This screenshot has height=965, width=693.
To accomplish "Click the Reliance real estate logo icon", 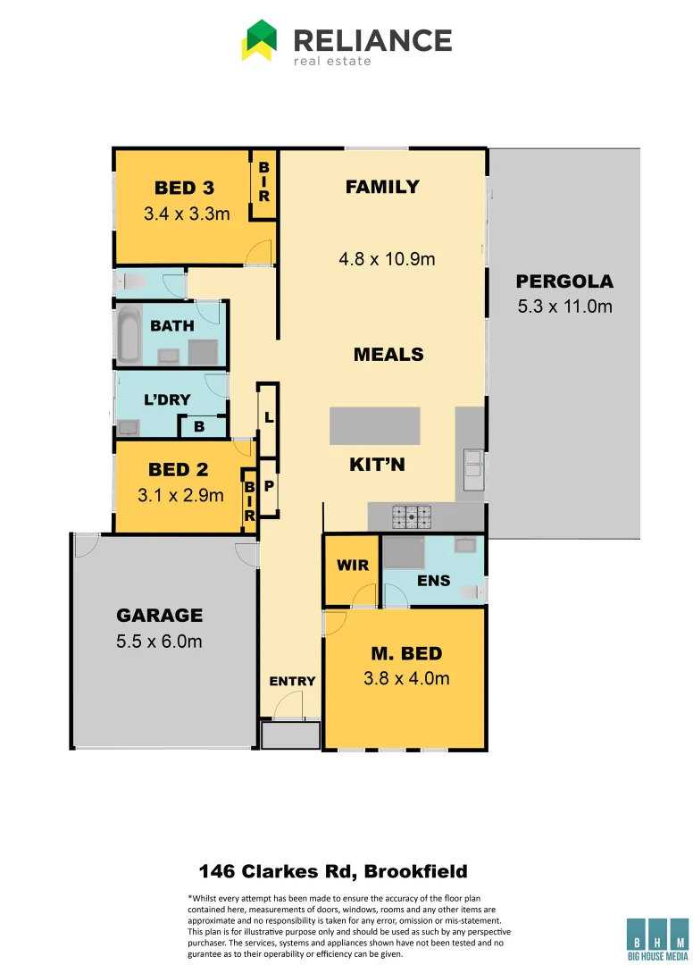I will tap(259, 41).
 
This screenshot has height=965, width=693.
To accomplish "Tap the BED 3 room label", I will tap(185, 188).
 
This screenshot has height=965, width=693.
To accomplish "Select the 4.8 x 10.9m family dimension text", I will tap(387, 260).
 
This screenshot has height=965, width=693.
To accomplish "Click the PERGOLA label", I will tap(564, 281).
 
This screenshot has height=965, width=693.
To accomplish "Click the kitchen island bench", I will tap(374, 426).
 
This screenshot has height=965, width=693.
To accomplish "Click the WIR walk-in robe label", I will tap(352, 566).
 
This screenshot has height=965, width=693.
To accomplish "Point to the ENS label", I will tap(434, 581).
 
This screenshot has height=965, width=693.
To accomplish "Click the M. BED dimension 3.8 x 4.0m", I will tap(406, 678).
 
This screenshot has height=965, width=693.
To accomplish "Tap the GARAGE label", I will tap(160, 615).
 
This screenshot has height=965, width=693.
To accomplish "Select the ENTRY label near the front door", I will tap(292, 681).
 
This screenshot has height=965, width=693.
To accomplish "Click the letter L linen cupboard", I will tap(268, 417).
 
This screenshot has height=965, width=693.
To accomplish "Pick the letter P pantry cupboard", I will tap(268, 486).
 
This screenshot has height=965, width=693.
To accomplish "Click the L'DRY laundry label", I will tap(167, 399).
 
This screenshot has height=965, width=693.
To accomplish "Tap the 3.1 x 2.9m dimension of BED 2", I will tap(180, 494).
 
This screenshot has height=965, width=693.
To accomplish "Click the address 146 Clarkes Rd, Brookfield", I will tap(333, 870).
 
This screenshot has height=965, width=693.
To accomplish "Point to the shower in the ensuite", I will tap(407, 552).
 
